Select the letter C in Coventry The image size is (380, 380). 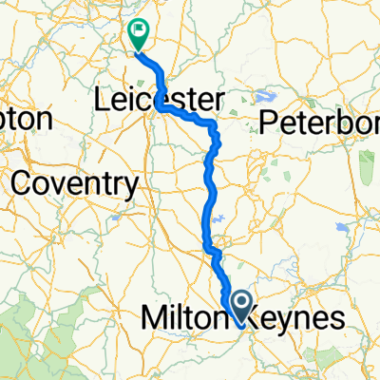pyautogui.click(x=17, y=181)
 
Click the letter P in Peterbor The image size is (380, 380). pyautogui.click(x=267, y=123)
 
